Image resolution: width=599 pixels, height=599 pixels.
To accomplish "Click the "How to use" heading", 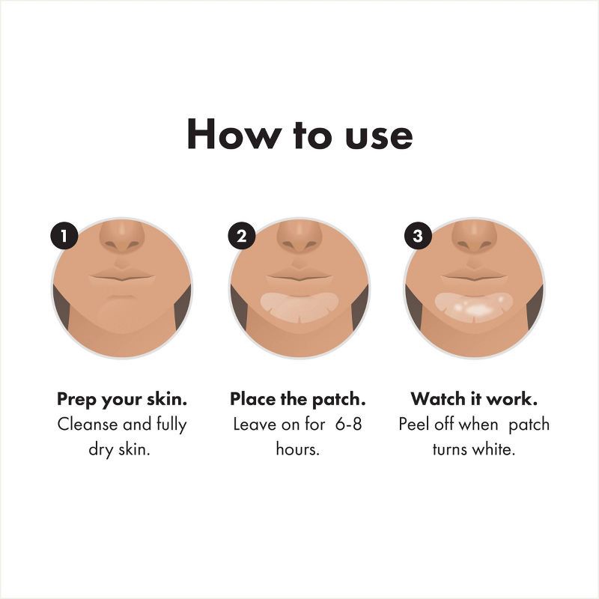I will click(299, 135).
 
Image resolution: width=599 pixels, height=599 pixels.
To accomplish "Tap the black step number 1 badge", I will click(64, 237).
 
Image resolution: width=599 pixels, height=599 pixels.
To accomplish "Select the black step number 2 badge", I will click(241, 237).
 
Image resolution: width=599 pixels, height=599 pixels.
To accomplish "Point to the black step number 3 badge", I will click(417, 237).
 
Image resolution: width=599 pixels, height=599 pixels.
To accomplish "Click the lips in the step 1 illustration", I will click(122, 275).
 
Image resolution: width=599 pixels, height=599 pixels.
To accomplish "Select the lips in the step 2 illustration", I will click(299, 275).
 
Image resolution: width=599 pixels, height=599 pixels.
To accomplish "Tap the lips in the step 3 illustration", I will click(475, 275).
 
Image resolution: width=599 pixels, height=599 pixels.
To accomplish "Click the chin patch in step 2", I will click(299, 305).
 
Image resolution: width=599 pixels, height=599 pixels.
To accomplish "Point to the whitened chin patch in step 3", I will click(475, 305).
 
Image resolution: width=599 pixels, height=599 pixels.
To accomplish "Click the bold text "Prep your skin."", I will click(122, 399).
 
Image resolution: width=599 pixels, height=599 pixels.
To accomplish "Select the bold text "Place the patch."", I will click(298, 399).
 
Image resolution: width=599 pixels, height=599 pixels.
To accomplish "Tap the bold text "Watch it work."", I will click(474, 399).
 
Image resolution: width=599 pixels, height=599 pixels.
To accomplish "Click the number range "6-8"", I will click(347, 425).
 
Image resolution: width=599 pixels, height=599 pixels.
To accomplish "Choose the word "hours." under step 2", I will click(298, 451).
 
